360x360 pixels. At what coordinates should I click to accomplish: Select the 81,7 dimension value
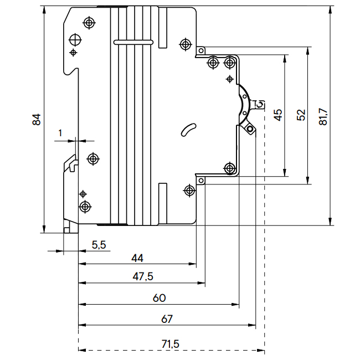(324, 116)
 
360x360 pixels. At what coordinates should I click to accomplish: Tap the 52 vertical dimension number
(301, 115)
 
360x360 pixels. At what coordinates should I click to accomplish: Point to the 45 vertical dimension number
(278, 115)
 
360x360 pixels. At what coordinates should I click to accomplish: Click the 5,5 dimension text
(99, 244)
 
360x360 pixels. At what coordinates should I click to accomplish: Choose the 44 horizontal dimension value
(137, 258)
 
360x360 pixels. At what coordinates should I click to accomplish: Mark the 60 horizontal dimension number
(159, 298)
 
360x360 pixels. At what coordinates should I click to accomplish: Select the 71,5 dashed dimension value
(171, 344)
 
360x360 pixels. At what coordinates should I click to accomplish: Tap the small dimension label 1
(60, 133)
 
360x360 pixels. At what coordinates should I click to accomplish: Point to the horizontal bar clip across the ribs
(133, 42)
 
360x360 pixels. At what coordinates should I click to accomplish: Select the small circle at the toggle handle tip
(250, 130)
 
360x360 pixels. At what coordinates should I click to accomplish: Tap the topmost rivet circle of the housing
(89, 23)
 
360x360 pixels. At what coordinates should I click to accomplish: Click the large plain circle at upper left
(75, 40)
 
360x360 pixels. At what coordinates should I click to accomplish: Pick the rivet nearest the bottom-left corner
(85, 207)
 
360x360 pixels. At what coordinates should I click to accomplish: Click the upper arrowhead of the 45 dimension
(285, 57)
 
